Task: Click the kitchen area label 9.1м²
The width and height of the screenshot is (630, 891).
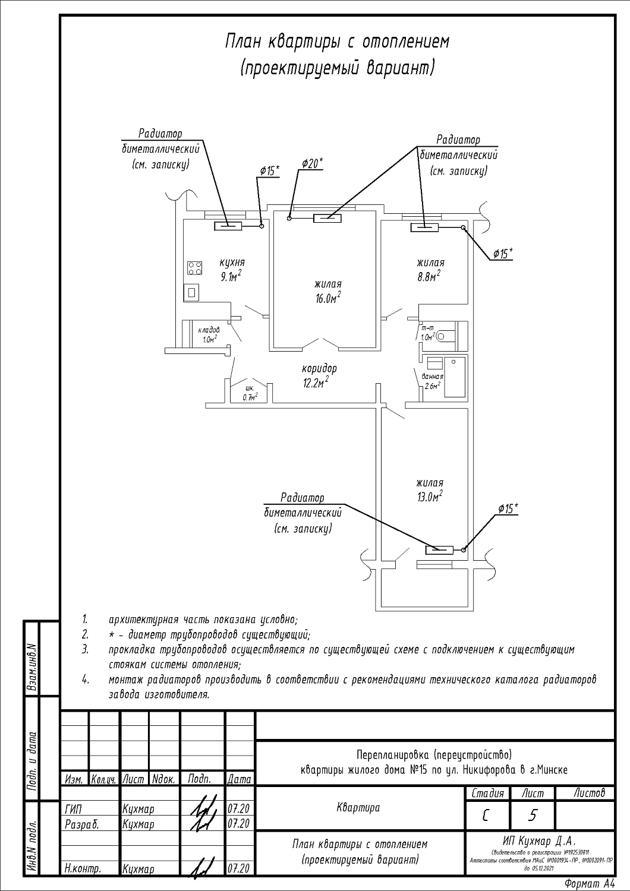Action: (231, 276)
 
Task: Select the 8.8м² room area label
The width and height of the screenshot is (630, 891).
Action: (430, 276)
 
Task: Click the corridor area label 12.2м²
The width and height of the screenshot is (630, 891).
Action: (315, 383)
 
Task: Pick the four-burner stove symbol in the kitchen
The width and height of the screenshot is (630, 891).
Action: (194, 268)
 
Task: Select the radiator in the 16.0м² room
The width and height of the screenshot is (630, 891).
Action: (327, 219)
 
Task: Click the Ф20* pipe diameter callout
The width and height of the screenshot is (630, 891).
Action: (311, 163)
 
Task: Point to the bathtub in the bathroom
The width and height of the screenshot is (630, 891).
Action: (456, 377)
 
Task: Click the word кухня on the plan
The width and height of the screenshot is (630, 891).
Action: (232, 262)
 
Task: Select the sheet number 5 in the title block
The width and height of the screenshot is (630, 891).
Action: (532, 816)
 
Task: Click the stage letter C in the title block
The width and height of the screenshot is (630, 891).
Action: (486, 816)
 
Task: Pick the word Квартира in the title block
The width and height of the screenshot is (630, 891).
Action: (358, 808)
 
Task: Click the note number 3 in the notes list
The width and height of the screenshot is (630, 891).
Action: (86, 650)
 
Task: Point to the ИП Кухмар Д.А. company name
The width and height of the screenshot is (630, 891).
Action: (540, 841)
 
